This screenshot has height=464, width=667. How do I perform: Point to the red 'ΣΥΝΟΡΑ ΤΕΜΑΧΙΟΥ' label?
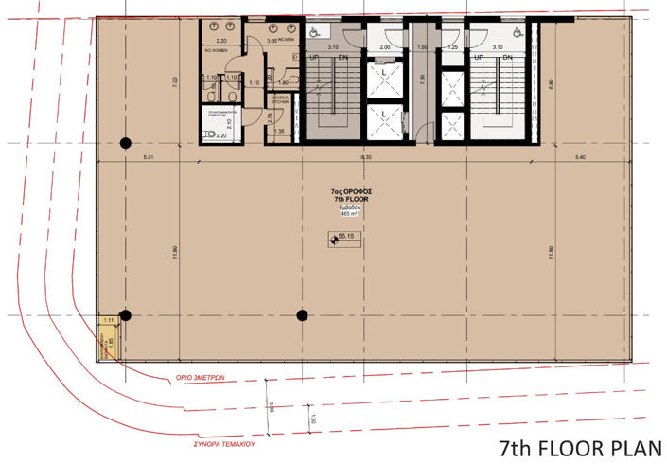click(224, 440)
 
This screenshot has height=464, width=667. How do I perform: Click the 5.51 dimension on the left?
click(149, 156)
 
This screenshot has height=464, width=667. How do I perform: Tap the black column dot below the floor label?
click(302, 314)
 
